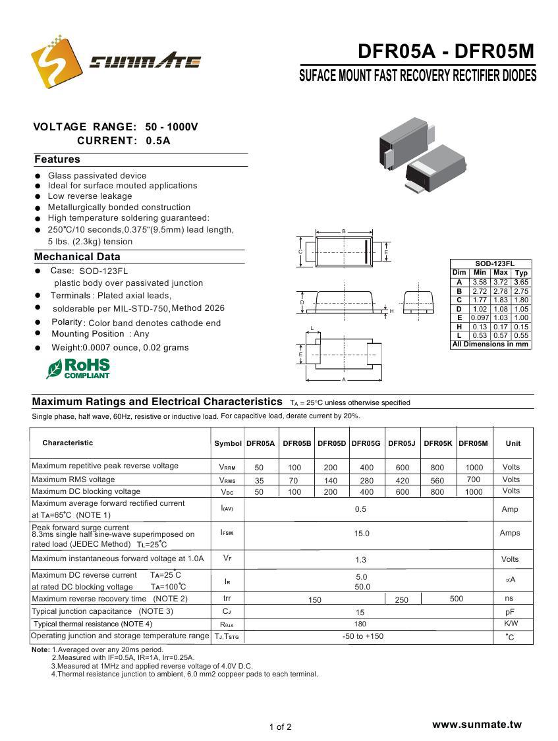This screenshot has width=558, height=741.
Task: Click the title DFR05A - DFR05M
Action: pyautogui.click(x=446, y=51)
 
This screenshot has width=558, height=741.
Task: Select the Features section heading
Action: pyautogui.click(x=57, y=159)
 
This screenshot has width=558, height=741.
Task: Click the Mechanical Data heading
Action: pyautogui.click(x=77, y=257)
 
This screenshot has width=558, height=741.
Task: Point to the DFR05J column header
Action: pyautogui.click(x=402, y=443)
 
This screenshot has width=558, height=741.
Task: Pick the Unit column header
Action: pyautogui.click(x=513, y=443)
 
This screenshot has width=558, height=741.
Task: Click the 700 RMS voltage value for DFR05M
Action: pyautogui.click(x=473, y=480)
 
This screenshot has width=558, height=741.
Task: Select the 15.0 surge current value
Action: pyautogui.click(x=362, y=534)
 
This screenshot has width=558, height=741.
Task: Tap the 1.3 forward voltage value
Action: pyautogui.click(x=361, y=560)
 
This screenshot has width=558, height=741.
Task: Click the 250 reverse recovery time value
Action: pyautogui.click(x=402, y=600)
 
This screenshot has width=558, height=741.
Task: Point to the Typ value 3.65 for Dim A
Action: pyautogui.click(x=521, y=282)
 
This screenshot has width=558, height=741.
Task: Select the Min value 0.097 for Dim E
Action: pyautogui.click(x=480, y=317)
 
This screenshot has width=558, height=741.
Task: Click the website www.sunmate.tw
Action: pyautogui.click(x=476, y=725)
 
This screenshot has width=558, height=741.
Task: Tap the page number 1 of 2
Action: pyautogui.click(x=280, y=727)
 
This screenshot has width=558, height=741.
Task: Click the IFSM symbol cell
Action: pyautogui.click(x=227, y=532)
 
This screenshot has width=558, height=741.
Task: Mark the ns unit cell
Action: pyautogui.click(x=509, y=599)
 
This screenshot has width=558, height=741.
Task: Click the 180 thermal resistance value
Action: pyautogui.click(x=360, y=624)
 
